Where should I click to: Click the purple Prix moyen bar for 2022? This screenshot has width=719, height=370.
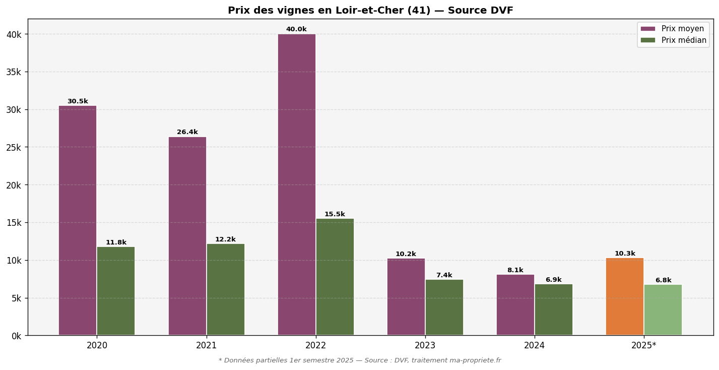point(297,184)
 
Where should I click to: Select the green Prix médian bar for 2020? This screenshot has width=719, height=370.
point(116,291)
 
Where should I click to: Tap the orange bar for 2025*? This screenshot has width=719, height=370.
point(624,296)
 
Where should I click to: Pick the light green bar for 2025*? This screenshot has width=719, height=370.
point(663,310)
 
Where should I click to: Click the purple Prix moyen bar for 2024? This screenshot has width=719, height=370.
point(515,305)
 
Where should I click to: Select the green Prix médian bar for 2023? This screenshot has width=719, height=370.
point(444,307)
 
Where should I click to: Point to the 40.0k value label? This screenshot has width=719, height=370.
point(296,29)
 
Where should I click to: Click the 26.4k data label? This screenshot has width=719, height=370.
point(187,132)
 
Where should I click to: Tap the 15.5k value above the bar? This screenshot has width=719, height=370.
point(335,214)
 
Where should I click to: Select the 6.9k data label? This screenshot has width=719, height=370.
point(553,280)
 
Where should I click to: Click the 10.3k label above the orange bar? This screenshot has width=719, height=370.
point(624,254)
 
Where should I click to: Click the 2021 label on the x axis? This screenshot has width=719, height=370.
point(206,346)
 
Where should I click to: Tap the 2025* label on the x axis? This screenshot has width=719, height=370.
point(643,346)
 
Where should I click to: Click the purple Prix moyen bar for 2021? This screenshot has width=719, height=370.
point(187,236)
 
